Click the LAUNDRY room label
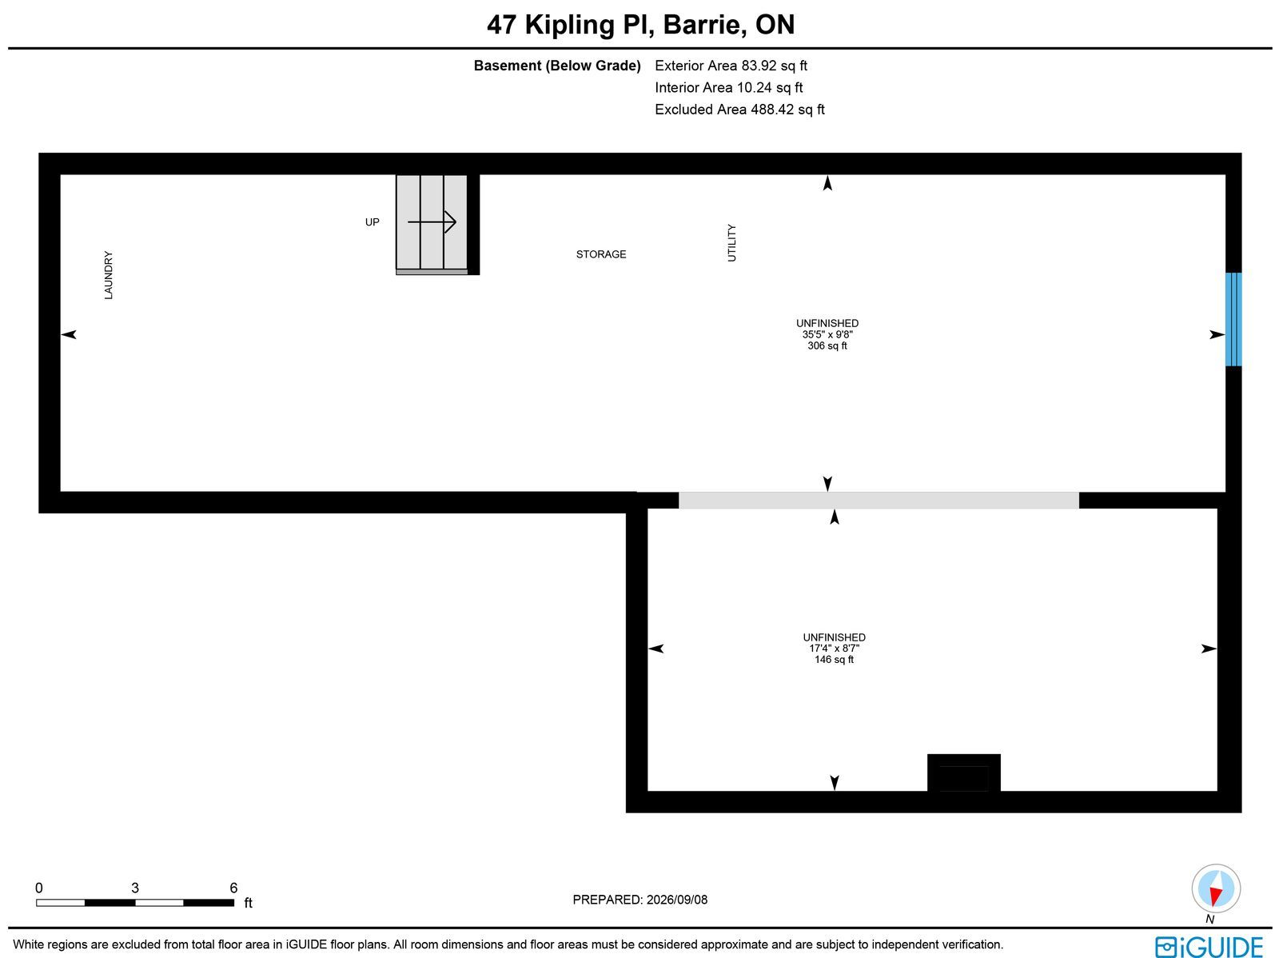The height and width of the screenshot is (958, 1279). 109,275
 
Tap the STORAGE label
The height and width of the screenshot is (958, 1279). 601,254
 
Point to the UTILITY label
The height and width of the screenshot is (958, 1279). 732,242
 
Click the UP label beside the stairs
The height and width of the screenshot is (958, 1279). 372,222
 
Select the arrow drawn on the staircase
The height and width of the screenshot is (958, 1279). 432,222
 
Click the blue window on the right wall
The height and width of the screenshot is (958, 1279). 1233,319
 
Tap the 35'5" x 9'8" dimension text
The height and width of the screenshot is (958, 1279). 827,334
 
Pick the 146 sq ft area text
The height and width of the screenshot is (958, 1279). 834,660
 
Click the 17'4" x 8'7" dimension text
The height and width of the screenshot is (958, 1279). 834,648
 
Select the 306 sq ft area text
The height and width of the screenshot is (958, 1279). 827,345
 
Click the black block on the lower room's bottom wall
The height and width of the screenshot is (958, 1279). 964,772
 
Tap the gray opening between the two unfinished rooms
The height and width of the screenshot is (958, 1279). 879,500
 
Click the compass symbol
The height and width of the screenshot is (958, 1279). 1216,888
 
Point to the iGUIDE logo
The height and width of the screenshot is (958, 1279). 1209,946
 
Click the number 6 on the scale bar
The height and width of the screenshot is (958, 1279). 233,888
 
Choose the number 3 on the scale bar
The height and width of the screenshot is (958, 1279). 135,888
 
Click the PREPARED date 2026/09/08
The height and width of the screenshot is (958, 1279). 676,899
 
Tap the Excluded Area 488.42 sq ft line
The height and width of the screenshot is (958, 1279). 739,110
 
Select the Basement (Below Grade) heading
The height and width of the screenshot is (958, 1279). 557,66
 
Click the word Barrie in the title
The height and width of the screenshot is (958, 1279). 705,25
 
